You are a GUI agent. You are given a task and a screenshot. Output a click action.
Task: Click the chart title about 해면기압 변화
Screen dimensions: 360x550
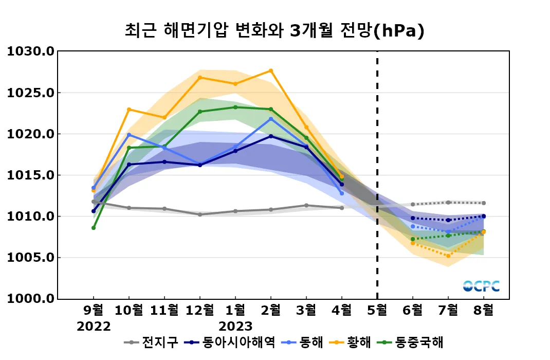click(x=274, y=30)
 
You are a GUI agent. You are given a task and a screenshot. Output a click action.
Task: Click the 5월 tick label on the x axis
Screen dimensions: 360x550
click(x=377, y=311)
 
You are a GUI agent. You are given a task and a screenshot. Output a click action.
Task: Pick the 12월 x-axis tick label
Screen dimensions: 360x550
click(x=200, y=311)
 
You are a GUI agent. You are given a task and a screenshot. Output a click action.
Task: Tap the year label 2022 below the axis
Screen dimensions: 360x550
click(x=94, y=327)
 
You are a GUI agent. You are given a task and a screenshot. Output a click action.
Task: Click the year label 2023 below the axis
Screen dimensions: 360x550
click(x=235, y=327)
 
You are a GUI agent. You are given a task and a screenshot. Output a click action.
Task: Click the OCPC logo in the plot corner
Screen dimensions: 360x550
click(x=481, y=286)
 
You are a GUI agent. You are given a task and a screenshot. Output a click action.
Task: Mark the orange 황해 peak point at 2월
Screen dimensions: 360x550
click(x=271, y=70)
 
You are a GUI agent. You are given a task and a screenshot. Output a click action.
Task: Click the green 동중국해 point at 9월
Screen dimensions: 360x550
click(x=94, y=228)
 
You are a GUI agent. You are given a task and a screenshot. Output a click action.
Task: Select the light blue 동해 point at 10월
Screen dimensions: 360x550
click(x=129, y=135)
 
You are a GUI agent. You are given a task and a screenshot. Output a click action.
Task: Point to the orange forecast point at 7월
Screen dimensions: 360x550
click(x=448, y=256)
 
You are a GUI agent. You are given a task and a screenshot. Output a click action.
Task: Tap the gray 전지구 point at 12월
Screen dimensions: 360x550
click(x=200, y=214)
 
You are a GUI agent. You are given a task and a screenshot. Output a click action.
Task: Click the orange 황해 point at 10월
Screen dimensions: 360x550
click(x=129, y=109)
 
